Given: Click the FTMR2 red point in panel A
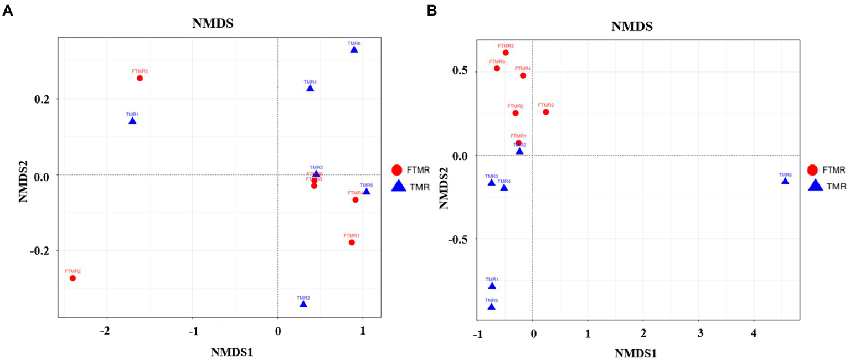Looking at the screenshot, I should [x=73, y=278].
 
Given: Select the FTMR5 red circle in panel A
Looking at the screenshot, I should [x=140, y=78].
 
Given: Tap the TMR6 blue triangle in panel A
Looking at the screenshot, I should [x=354, y=50].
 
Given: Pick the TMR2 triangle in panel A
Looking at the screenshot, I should [x=303, y=304].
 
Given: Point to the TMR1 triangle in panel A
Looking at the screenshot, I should [x=132, y=121].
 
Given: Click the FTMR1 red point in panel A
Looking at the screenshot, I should [x=352, y=243].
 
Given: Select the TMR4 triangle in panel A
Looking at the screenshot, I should [x=310, y=88].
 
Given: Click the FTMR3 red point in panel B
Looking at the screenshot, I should [x=506, y=53].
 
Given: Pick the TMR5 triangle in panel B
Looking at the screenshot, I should [x=491, y=306].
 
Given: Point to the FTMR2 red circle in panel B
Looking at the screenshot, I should [x=545, y=112].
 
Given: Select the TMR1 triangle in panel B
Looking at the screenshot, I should [x=492, y=286].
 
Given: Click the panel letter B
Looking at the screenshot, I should [x=432, y=9].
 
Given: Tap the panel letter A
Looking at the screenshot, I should [x=8, y=9].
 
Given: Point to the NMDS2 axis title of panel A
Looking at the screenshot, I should [x=24, y=176].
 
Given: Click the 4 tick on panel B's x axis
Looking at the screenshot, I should [x=753, y=333].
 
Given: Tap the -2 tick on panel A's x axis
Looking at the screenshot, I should [x=106, y=331].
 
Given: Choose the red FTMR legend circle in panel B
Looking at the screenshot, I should [x=813, y=170].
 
